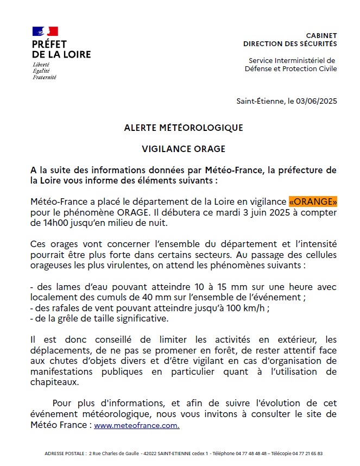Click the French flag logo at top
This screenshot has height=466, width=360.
pos(45,32)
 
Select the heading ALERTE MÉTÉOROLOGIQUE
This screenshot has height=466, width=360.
pos(184,128)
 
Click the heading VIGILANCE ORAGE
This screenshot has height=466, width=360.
pos(184,149)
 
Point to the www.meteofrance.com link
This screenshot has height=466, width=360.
pos(136,426)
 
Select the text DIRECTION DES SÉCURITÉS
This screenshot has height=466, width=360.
pos(290,44)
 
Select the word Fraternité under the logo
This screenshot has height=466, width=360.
pos(45,77)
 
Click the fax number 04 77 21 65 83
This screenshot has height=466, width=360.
pos(308,453)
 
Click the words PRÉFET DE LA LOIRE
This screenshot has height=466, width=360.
pos(61,49)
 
